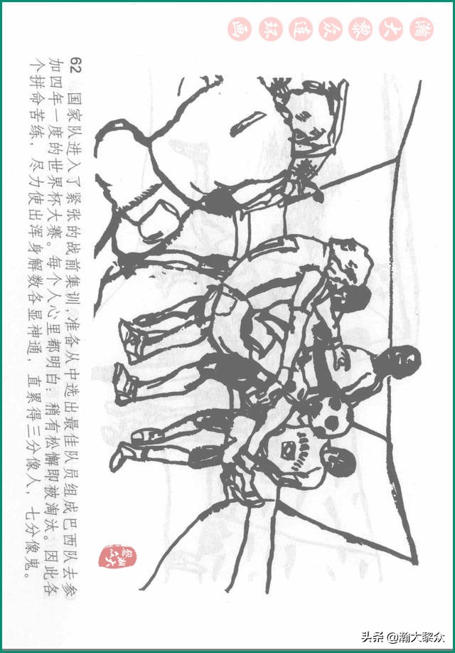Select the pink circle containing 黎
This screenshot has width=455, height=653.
pyautogui.click(x=360, y=29)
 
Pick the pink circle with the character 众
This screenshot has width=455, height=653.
pyautogui.click(x=331, y=29)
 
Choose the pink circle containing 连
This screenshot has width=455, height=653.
pyautogui.click(x=301, y=29)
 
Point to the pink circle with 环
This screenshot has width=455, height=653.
pyautogui.click(x=270, y=29)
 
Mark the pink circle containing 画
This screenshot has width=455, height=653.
pyautogui.click(x=240, y=29)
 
